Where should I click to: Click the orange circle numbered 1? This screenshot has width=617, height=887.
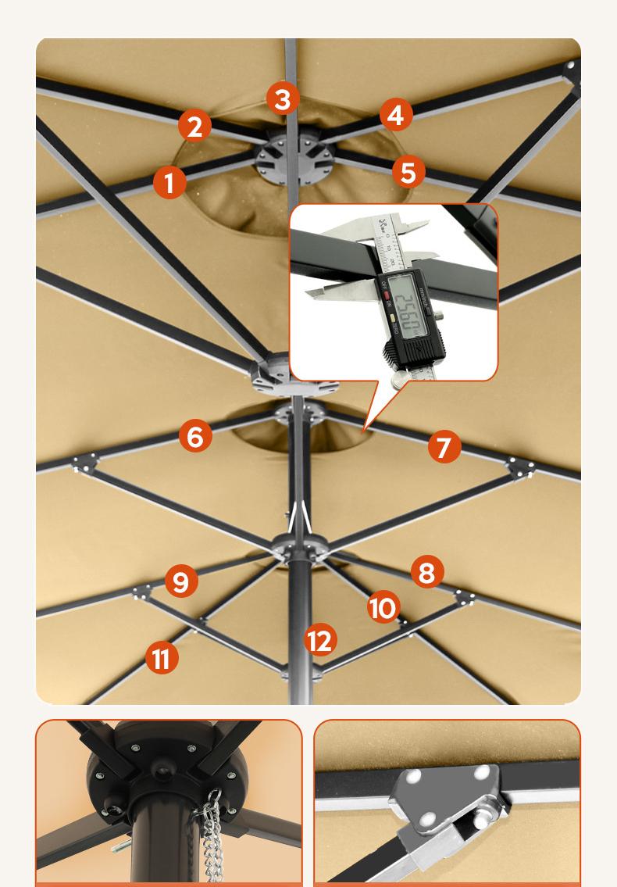point(169,183)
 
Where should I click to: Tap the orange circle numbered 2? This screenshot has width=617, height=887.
point(194,126)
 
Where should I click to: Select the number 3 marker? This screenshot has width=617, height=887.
point(283,99)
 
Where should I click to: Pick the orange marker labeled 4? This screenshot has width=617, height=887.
point(396,115)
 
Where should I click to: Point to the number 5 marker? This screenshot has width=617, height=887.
point(408,172)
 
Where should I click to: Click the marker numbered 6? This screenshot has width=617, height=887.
point(195,436)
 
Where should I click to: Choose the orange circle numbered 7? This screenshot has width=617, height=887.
point(444,447)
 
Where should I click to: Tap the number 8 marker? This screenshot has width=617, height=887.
point(426,572)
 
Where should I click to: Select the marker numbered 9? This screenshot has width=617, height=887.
point(180,582)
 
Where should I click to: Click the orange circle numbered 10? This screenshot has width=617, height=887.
point(383,608)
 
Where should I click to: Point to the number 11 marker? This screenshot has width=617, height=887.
point(162,658)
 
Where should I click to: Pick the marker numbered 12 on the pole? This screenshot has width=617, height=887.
point(320,641)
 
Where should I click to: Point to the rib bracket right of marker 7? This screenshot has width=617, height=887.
point(519,467)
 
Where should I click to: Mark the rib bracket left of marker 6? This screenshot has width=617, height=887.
point(84,463)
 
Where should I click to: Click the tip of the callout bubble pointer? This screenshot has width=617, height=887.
point(364,431)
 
